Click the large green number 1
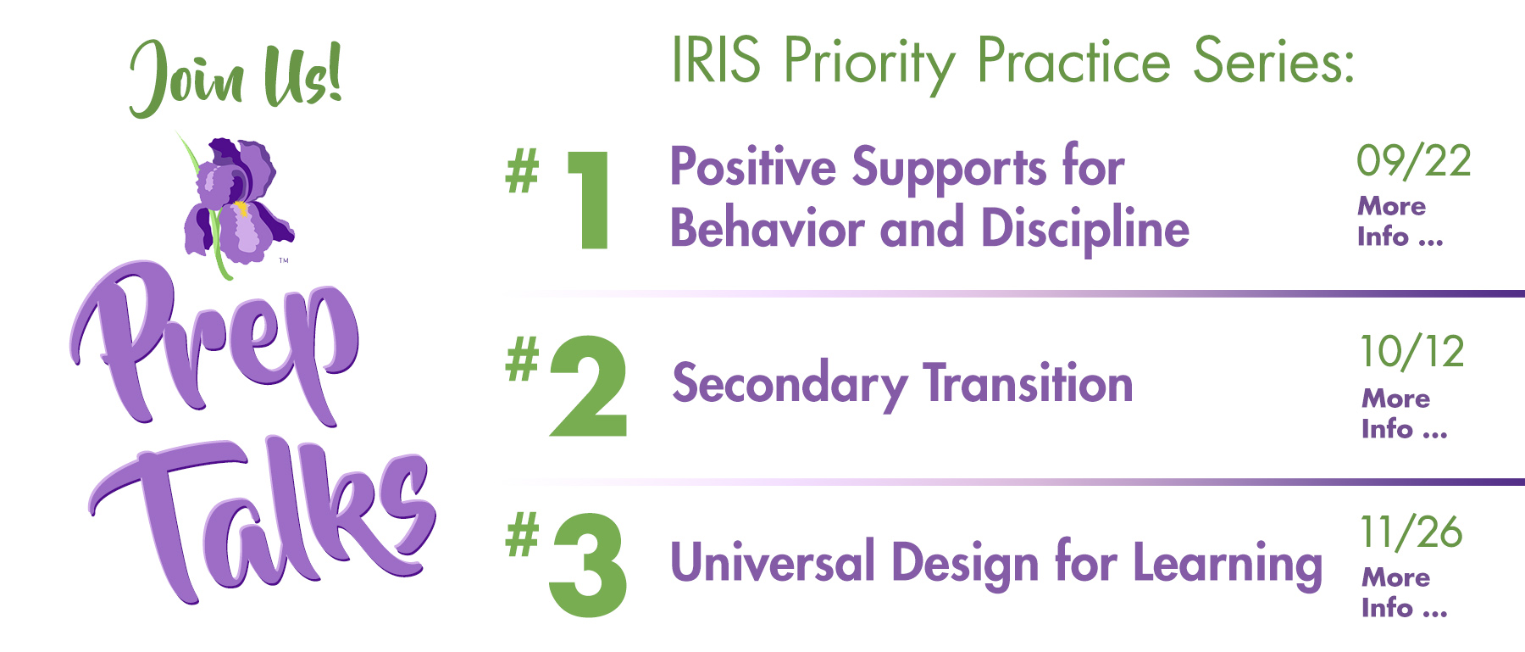pos(589,200)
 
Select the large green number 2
pos(589,387)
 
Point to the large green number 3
pos(588,566)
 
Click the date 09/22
pos(1414,161)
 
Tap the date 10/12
pos(1412,352)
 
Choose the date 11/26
pos(1411,532)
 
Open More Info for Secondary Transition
pos(1404,414)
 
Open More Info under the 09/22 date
pos(1400,221)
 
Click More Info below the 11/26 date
pos(1404,593)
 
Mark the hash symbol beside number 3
pos(522,535)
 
